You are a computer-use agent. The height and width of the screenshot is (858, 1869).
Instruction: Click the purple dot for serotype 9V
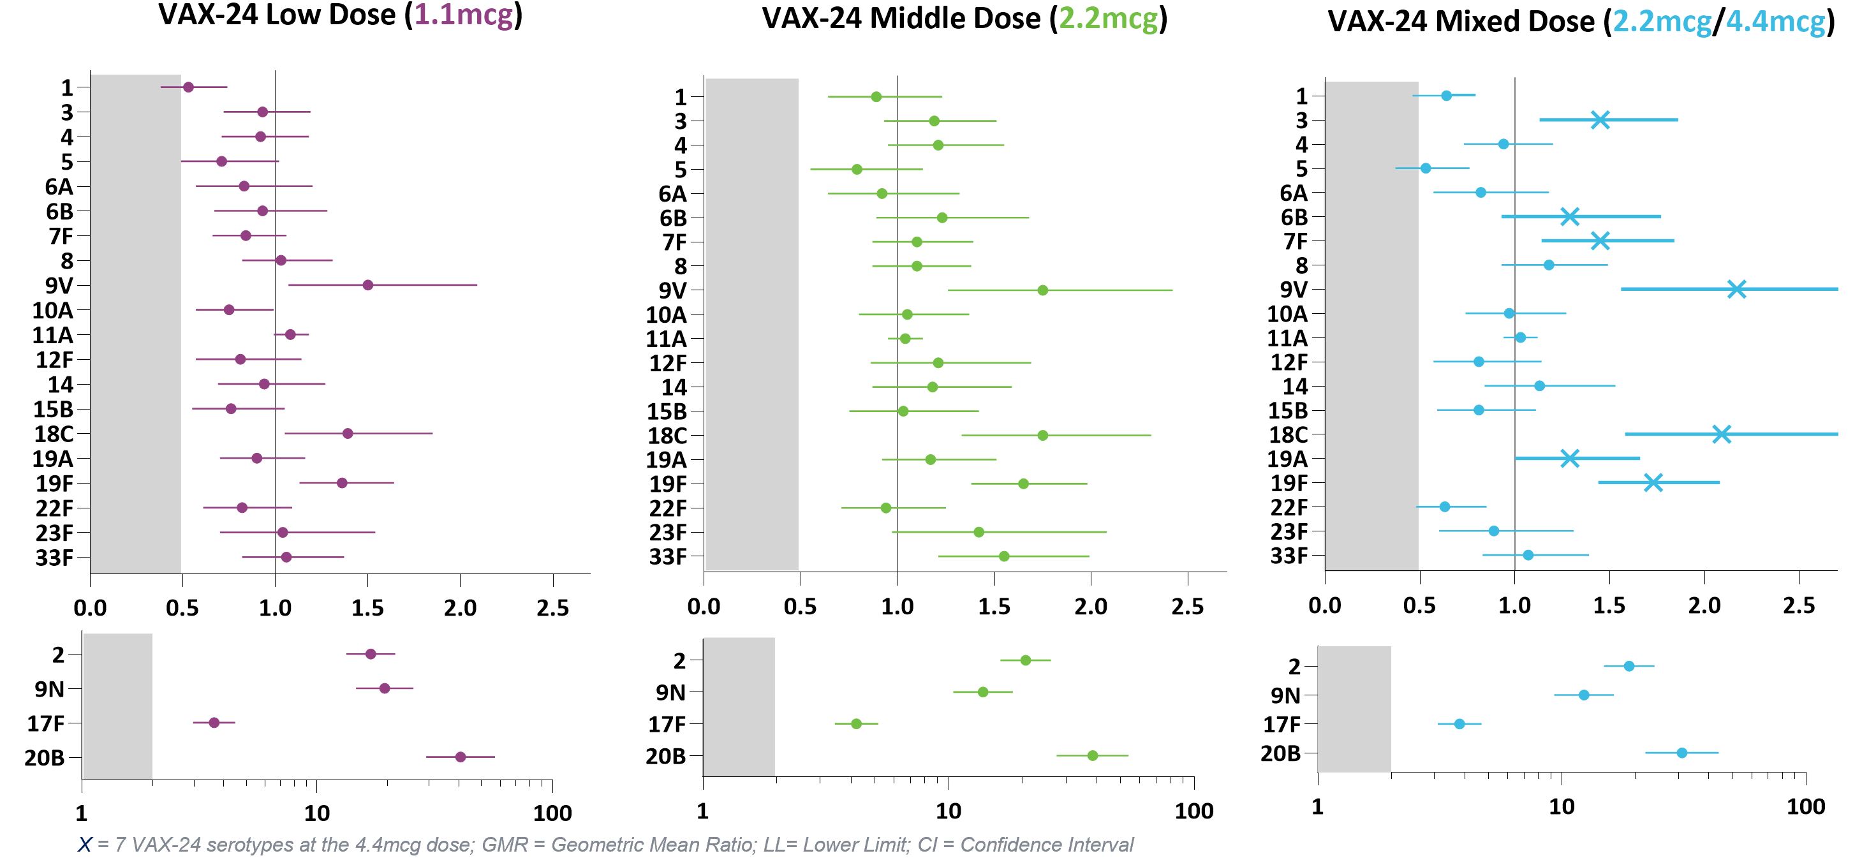(x=368, y=285)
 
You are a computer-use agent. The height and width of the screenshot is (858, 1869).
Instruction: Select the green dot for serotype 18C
(x=1042, y=436)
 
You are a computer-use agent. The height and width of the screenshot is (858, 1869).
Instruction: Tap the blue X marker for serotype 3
(x=1600, y=120)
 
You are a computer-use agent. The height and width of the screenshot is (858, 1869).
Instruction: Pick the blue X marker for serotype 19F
(x=1653, y=482)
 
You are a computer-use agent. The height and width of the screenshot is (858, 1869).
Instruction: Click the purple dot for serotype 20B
(x=460, y=757)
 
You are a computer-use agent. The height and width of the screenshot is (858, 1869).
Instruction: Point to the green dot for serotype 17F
(x=856, y=723)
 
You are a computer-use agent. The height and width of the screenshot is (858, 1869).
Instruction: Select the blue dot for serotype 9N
(x=1584, y=695)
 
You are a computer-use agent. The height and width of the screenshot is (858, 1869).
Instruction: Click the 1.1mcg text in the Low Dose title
(x=464, y=15)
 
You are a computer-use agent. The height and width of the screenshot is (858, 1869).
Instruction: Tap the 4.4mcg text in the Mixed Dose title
(x=1775, y=22)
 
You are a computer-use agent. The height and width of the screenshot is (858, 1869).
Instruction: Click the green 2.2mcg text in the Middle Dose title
(x=1108, y=18)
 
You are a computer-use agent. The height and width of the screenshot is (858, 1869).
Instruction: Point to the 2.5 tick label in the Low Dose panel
(x=552, y=607)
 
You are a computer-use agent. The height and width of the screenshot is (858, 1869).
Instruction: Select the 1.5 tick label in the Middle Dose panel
(x=994, y=607)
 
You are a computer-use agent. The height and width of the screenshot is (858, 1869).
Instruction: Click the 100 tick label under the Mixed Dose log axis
(x=1805, y=806)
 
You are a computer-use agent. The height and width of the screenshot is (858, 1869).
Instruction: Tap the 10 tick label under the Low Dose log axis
(x=316, y=813)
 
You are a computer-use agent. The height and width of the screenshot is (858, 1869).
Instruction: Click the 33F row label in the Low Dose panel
(x=54, y=558)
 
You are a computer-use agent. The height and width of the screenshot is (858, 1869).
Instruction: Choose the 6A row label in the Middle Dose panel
(x=672, y=194)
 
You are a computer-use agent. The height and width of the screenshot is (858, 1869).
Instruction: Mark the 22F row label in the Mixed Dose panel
(x=1289, y=507)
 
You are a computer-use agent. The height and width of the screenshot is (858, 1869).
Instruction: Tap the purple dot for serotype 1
(x=188, y=87)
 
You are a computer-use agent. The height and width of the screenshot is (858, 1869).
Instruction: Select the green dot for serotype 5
(x=857, y=169)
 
